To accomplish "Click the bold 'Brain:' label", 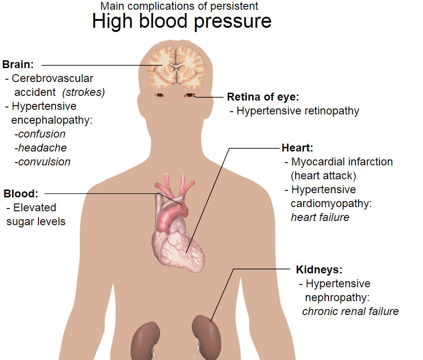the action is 18,64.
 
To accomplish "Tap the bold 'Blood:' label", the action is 21,194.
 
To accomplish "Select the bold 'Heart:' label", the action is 297,148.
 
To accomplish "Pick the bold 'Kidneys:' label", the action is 319,270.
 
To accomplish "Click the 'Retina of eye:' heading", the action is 263,97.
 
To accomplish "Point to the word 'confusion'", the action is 42,134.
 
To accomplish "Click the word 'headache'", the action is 42,148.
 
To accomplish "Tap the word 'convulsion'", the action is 44,162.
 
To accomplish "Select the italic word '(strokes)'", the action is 83,92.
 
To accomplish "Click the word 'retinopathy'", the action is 331,111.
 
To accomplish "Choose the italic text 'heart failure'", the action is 320,217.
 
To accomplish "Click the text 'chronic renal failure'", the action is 350,311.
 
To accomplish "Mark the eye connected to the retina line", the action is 189,95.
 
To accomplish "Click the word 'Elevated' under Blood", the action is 35,208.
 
